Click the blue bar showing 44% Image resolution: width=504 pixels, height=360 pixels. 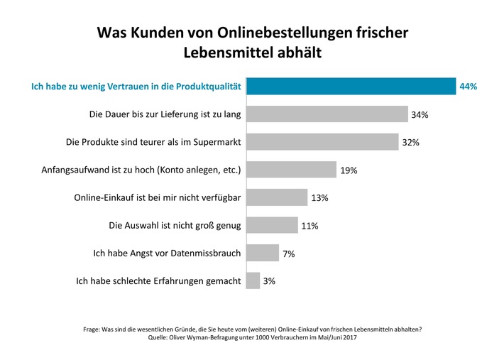point(351,86)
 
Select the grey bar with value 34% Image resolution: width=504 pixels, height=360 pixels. point(327,114)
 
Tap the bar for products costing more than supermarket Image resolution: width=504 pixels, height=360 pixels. point(322,142)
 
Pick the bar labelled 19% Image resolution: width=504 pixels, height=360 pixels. point(291,170)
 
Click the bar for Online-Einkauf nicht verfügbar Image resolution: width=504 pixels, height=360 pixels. point(277,197)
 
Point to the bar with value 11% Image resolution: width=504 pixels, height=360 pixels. point(272,225)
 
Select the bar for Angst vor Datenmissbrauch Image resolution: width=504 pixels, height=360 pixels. point(263,253)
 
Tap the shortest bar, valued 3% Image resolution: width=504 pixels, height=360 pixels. point(253,280)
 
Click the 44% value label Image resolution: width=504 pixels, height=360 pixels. point(469,87)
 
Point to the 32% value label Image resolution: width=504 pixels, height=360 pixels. point(411,143)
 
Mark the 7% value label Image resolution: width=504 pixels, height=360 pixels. point(289,253)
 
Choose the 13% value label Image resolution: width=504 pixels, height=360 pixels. point(319,198)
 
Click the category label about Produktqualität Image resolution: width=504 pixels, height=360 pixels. point(137,87)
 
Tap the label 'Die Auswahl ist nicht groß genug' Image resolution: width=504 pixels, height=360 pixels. point(175,226)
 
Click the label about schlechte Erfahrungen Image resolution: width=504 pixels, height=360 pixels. point(158,281)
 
